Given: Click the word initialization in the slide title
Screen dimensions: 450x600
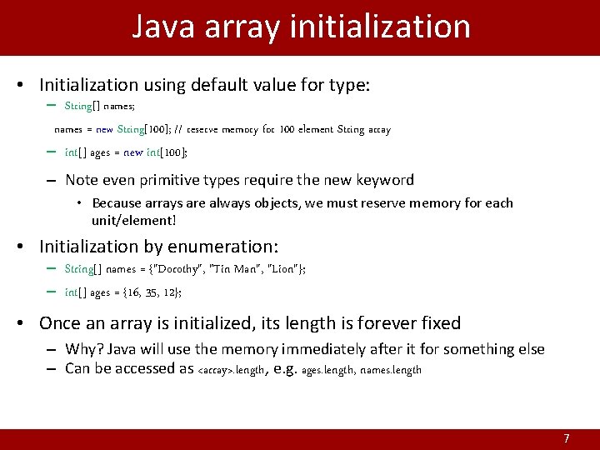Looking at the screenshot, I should pos(381,27).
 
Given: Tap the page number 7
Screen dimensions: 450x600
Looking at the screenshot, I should pos(567,438).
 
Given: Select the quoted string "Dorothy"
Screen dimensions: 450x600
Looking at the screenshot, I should pos(174,269).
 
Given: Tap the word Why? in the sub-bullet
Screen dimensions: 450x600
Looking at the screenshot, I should pos(82,349).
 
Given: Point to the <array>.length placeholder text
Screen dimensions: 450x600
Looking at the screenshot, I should pos(231,370).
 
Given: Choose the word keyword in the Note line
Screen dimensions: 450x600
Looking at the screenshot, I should pos(383,180).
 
